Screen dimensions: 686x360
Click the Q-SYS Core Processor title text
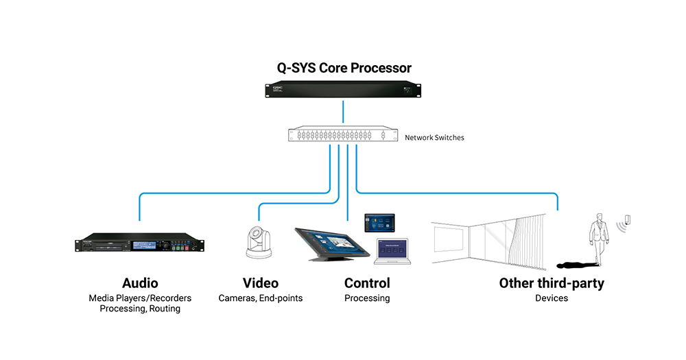click(x=344, y=69)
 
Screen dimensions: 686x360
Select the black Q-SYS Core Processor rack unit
click(x=343, y=89)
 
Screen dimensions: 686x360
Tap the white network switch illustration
click(x=343, y=134)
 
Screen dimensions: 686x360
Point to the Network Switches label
click(x=434, y=137)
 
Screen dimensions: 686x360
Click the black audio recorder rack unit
click(x=139, y=243)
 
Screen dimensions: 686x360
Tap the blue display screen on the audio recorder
click(x=144, y=245)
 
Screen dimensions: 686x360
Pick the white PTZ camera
click(x=259, y=242)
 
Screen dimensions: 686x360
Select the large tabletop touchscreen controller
click(x=332, y=244)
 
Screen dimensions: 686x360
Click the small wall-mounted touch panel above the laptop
click(x=380, y=223)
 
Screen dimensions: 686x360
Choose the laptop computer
click(x=392, y=252)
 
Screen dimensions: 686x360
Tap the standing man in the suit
click(x=598, y=239)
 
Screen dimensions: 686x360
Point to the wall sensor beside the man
click(x=628, y=219)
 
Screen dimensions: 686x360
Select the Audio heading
click(x=140, y=283)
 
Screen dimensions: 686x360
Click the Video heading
click(x=260, y=283)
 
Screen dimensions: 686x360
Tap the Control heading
click(x=367, y=283)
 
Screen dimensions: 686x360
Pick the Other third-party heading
click(x=552, y=284)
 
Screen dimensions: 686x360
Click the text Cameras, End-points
click(x=260, y=298)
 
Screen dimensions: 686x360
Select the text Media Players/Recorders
click(x=140, y=298)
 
